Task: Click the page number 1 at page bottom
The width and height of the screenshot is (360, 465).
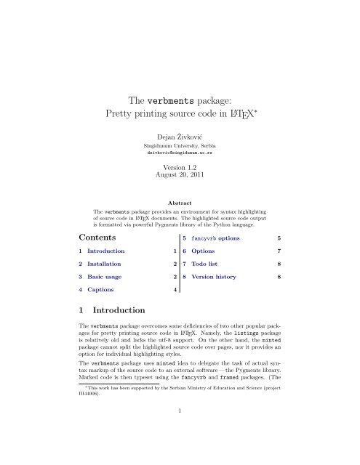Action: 179,450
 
